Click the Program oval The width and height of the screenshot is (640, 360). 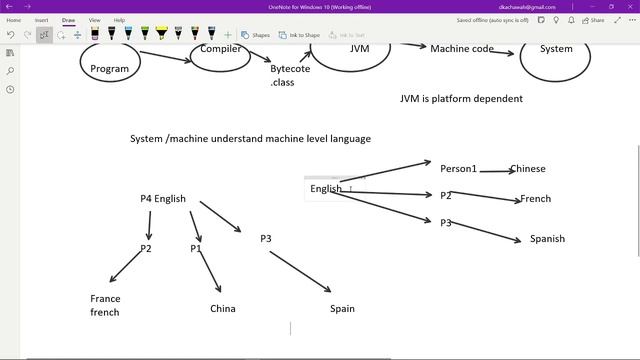point(110,67)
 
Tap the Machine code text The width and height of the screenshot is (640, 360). point(462,49)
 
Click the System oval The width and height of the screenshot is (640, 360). point(555,49)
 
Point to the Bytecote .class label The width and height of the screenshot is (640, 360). point(290,75)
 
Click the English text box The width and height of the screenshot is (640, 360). point(326,188)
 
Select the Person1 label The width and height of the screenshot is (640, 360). point(458,168)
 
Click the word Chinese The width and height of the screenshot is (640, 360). point(527,169)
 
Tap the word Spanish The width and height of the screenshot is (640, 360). point(547,239)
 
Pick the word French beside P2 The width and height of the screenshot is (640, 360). point(535,199)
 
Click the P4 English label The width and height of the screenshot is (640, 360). point(163,199)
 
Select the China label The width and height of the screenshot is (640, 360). point(223,309)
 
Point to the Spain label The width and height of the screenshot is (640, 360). point(342,309)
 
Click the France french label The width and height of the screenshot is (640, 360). point(105,305)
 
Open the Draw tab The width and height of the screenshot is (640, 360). point(68,20)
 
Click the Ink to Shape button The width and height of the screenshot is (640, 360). point(296,35)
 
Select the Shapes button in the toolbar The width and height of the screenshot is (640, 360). point(256,35)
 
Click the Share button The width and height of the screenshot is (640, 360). point(595,20)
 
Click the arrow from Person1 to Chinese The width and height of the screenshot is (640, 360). point(494,171)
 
